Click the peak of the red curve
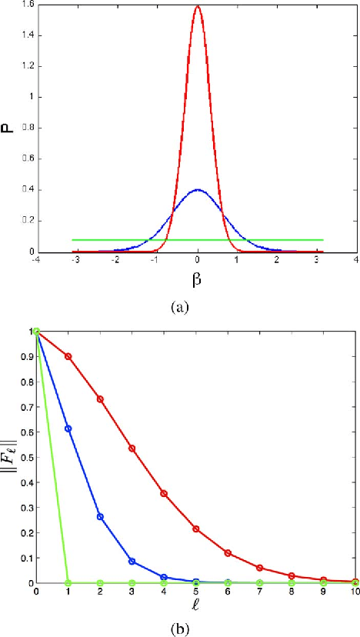198,7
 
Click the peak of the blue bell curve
198,189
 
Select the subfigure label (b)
180,625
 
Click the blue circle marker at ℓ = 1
68,428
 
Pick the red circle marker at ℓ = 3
132,448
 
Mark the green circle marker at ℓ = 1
68,582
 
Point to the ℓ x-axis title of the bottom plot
195,607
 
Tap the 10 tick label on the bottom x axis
354,592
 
